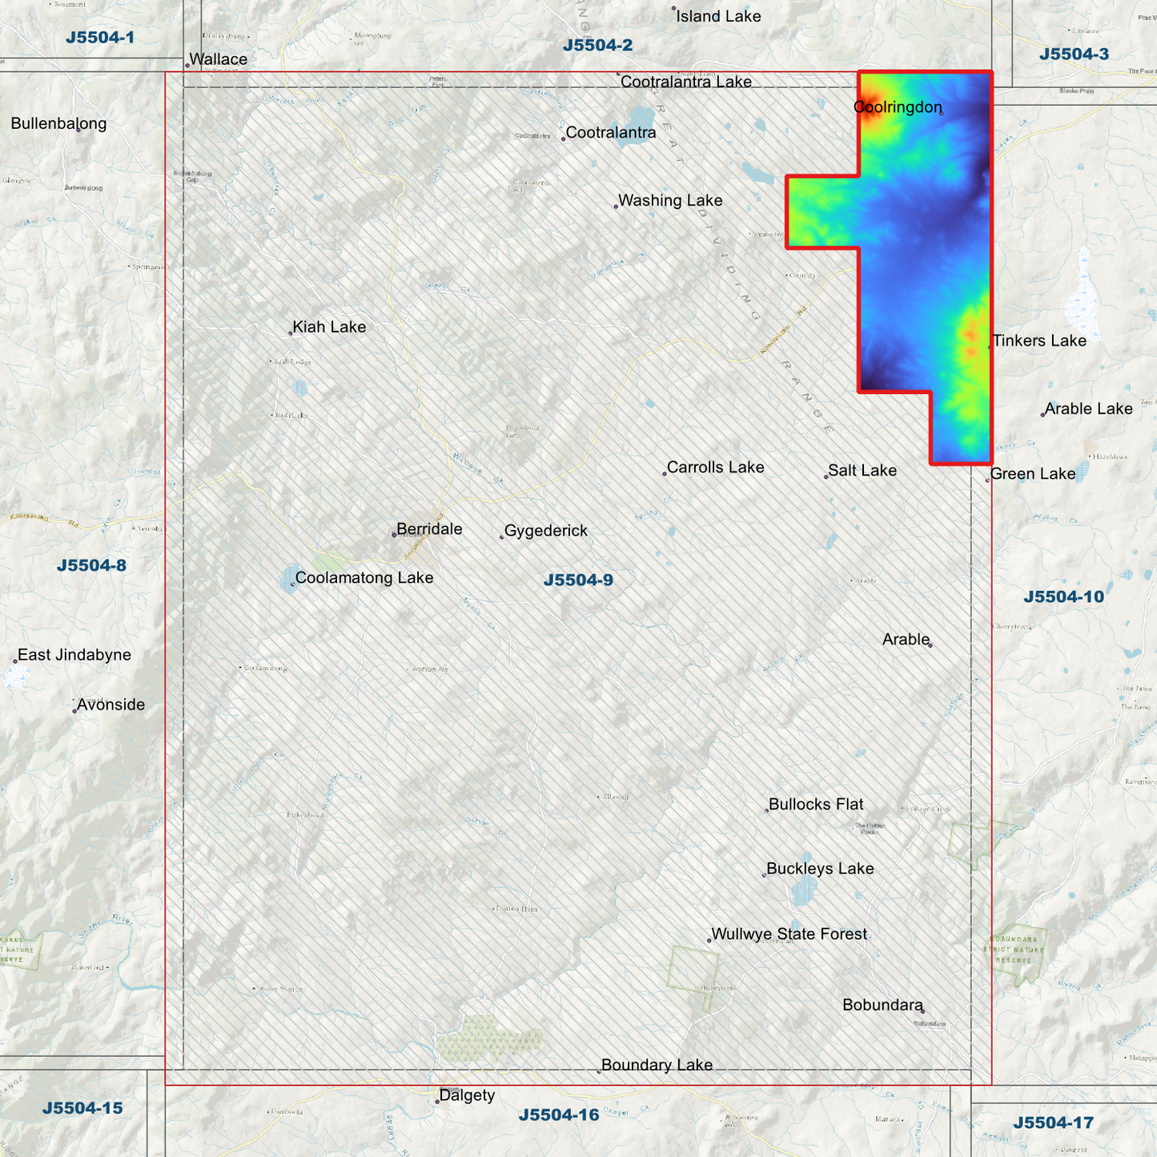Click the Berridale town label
(x=429, y=529)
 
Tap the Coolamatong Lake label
(x=364, y=578)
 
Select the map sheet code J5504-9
(x=578, y=581)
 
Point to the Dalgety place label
(x=467, y=1095)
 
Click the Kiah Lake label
(x=329, y=327)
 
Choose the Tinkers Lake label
(x=1039, y=341)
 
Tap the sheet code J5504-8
(x=91, y=566)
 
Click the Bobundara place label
(x=882, y=1005)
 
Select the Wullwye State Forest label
(x=789, y=934)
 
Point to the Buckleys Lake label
(x=820, y=869)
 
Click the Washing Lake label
(x=670, y=201)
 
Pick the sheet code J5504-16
(x=559, y=1115)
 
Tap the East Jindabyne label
(x=74, y=655)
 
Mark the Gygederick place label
(x=546, y=531)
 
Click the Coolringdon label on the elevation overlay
(x=898, y=107)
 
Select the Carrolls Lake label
(x=715, y=468)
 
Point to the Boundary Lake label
(x=657, y=1065)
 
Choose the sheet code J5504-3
(x=1074, y=54)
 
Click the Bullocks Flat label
(x=816, y=805)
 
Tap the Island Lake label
(x=718, y=17)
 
